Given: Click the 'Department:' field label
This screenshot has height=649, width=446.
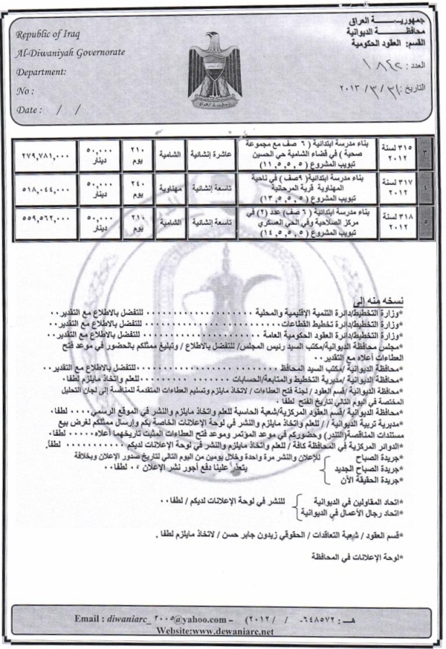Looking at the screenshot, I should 42,72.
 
